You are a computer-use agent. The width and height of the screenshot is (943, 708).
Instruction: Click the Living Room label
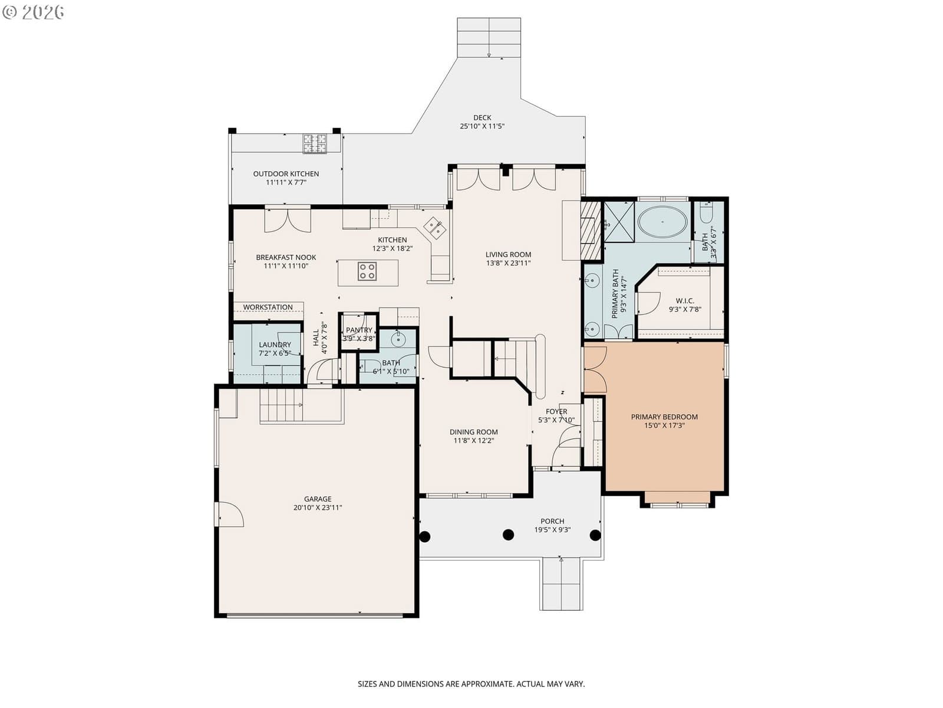[508, 254]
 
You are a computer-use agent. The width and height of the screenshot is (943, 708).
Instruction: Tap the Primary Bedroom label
[664, 417]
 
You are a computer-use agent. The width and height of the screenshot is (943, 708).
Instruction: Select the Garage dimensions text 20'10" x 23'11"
[318, 507]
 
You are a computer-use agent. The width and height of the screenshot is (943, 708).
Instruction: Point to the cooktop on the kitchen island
[367, 271]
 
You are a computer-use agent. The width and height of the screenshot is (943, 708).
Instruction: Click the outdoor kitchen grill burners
[315, 143]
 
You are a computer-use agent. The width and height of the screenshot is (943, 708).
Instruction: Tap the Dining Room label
[473, 432]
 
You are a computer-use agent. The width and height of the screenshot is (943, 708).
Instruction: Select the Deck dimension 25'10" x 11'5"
[482, 126]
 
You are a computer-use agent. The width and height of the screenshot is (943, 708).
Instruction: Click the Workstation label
[268, 307]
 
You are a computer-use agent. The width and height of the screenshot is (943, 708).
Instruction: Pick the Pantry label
[359, 330]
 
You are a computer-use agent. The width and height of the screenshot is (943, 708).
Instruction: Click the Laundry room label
[275, 345]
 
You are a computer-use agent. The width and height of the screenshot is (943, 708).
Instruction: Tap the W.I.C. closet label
[685, 300]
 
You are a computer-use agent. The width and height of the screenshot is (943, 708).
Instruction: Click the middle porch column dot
[508, 535]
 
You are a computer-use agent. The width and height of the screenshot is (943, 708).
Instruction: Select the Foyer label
[556, 411]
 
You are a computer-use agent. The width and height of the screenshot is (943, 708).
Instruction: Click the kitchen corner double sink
[435, 228]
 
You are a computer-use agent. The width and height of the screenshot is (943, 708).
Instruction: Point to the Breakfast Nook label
[286, 257]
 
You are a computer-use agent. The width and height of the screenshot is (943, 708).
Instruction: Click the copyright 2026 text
[33, 12]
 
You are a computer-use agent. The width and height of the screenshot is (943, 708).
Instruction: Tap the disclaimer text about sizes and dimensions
[471, 684]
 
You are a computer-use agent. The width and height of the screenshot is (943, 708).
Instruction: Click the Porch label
[552, 521]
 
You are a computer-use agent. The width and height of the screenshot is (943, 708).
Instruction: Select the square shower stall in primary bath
[619, 222]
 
